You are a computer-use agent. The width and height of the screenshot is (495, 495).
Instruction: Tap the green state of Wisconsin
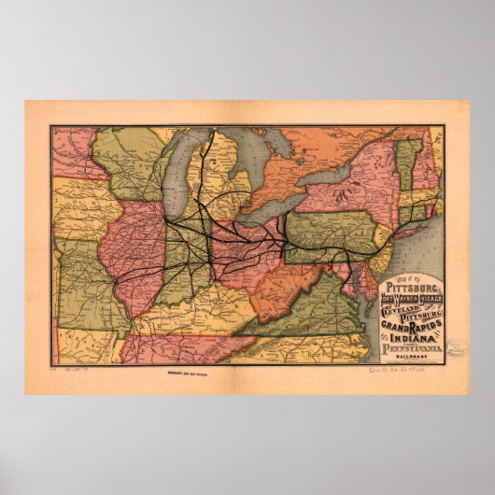click(131, 163)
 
